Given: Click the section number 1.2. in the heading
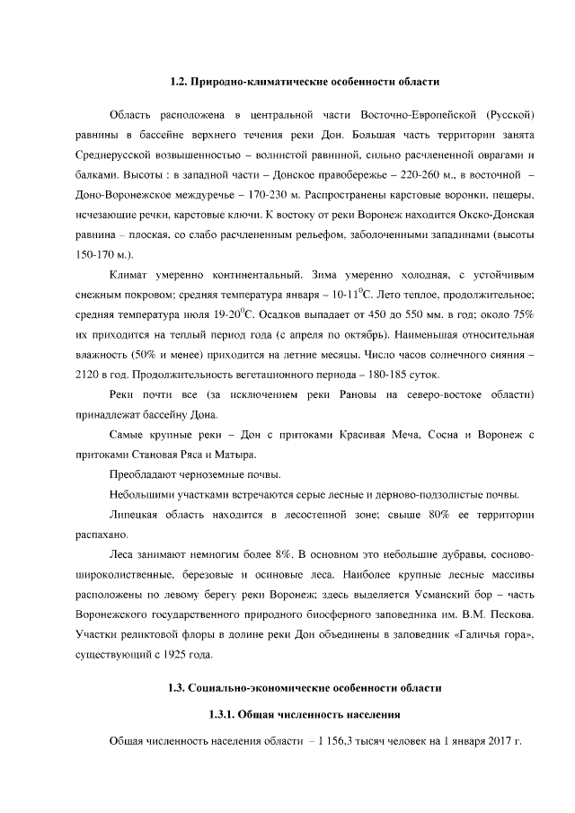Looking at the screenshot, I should pos(182,82).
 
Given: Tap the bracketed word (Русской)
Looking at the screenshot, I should pos(510,117).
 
